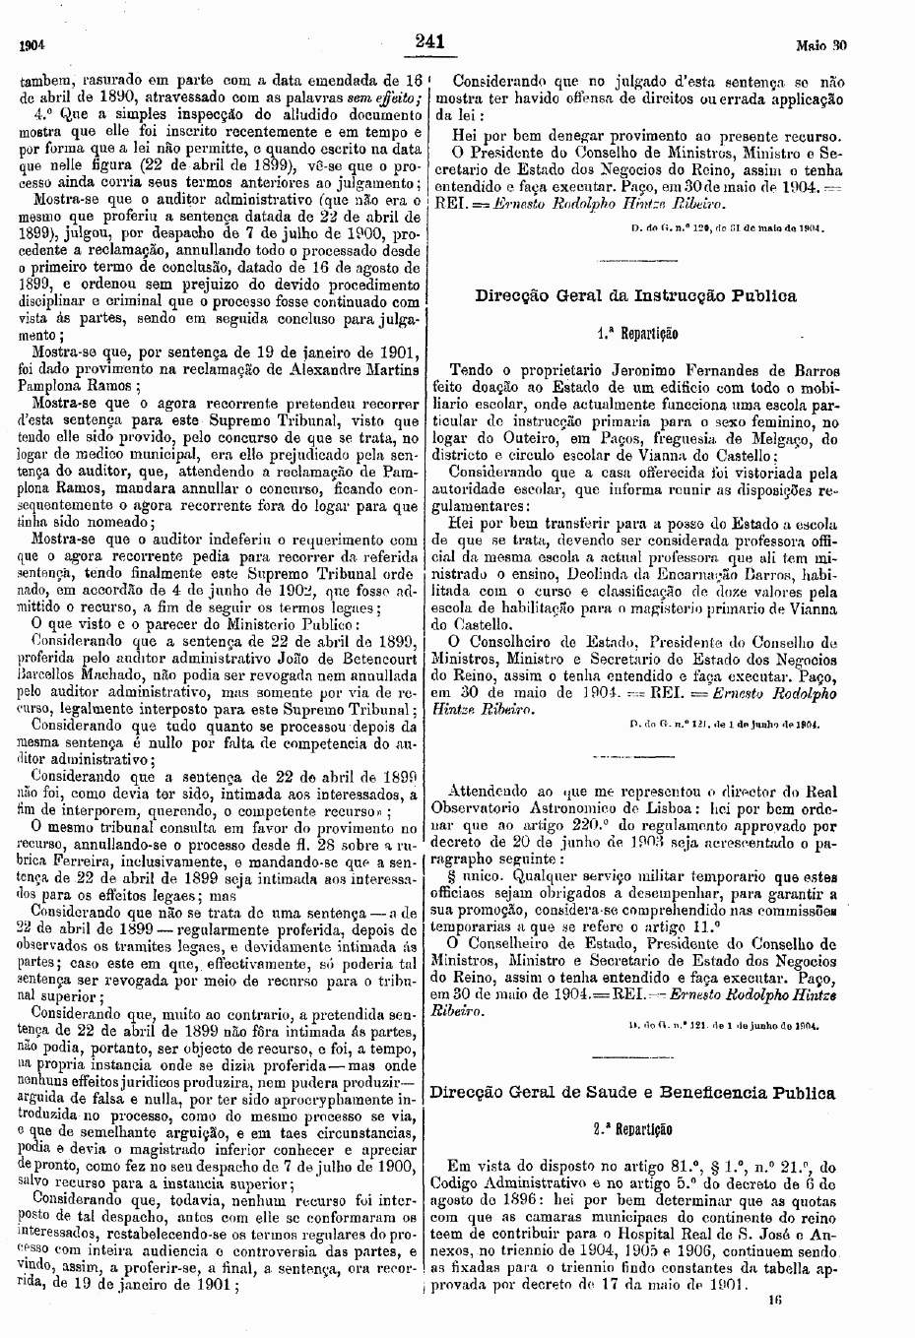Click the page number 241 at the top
click(x=431, y=41)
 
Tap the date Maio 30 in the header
click(x=821, y=45)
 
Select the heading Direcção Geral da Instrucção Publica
click(x=635, y=295)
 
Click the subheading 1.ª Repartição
click(x=636, y=334)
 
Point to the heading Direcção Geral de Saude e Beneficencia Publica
click(x=633, y=1093)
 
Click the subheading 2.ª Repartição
click(x=635, y=1130)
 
